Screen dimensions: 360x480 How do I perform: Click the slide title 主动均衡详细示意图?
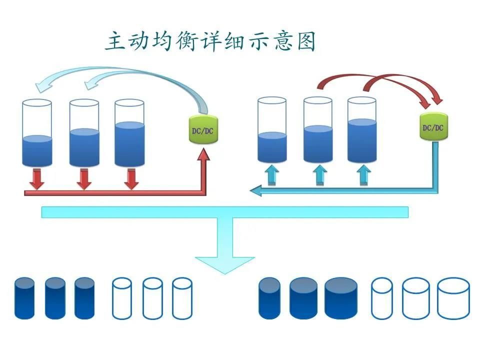click(x=210, y=42)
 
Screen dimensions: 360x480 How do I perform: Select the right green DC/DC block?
click(x=433, y=127)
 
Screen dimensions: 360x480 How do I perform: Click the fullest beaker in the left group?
click(x=129, y=133)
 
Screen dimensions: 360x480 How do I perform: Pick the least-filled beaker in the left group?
click(x=37, y=133)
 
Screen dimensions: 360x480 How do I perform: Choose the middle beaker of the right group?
click(x=318, y=130)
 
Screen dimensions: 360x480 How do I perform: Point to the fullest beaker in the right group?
click(x=362, y=130)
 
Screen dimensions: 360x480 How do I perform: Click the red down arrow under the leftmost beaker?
click(x=36, y=180)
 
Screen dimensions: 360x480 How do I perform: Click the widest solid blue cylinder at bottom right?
click(x=341, y=298)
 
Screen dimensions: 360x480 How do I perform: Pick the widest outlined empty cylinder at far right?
click(x=453, y=298)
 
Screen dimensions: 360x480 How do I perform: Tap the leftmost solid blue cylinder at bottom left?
click(x=24, y=298)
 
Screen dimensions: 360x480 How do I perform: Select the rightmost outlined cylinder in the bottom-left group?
click(x=182, y=298)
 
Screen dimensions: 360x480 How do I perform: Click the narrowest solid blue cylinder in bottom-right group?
click(x=270, y=298)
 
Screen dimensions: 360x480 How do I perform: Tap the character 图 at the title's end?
click(x=305, y=42)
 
